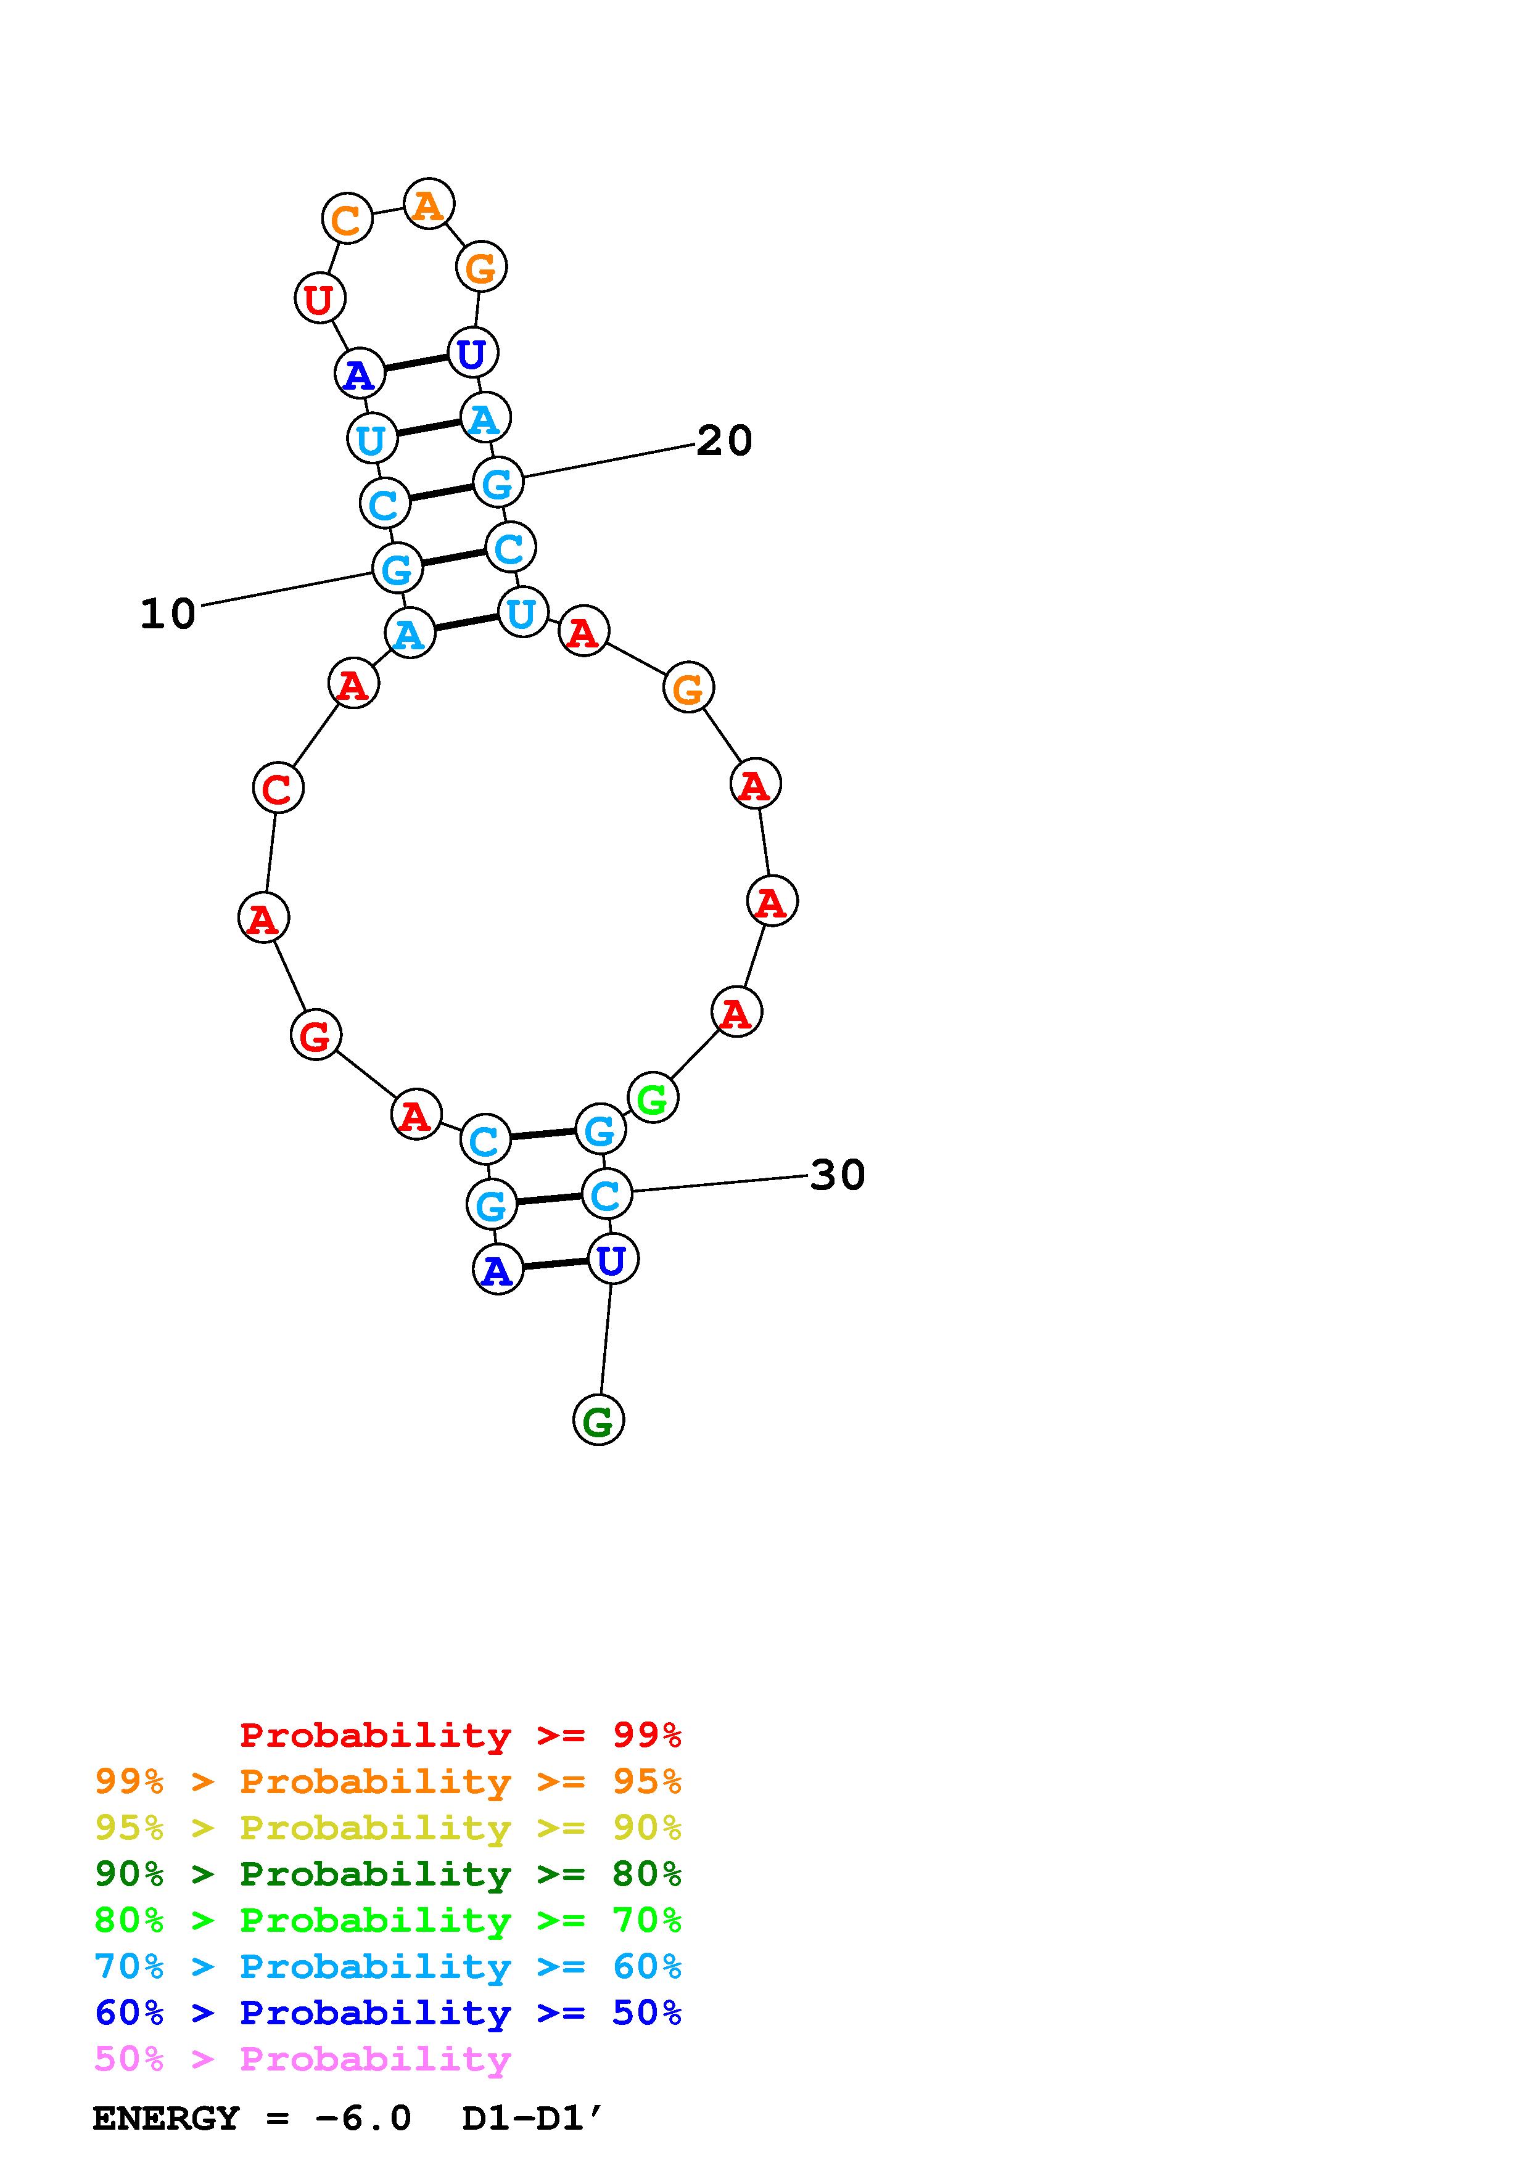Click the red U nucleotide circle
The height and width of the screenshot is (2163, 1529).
point(320,298)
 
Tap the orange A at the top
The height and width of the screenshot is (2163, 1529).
point(429,203)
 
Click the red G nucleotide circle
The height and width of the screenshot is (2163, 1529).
point(316,1035)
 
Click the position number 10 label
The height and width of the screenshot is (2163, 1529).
point(168,614)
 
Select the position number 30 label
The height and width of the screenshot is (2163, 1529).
point(838,1175)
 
